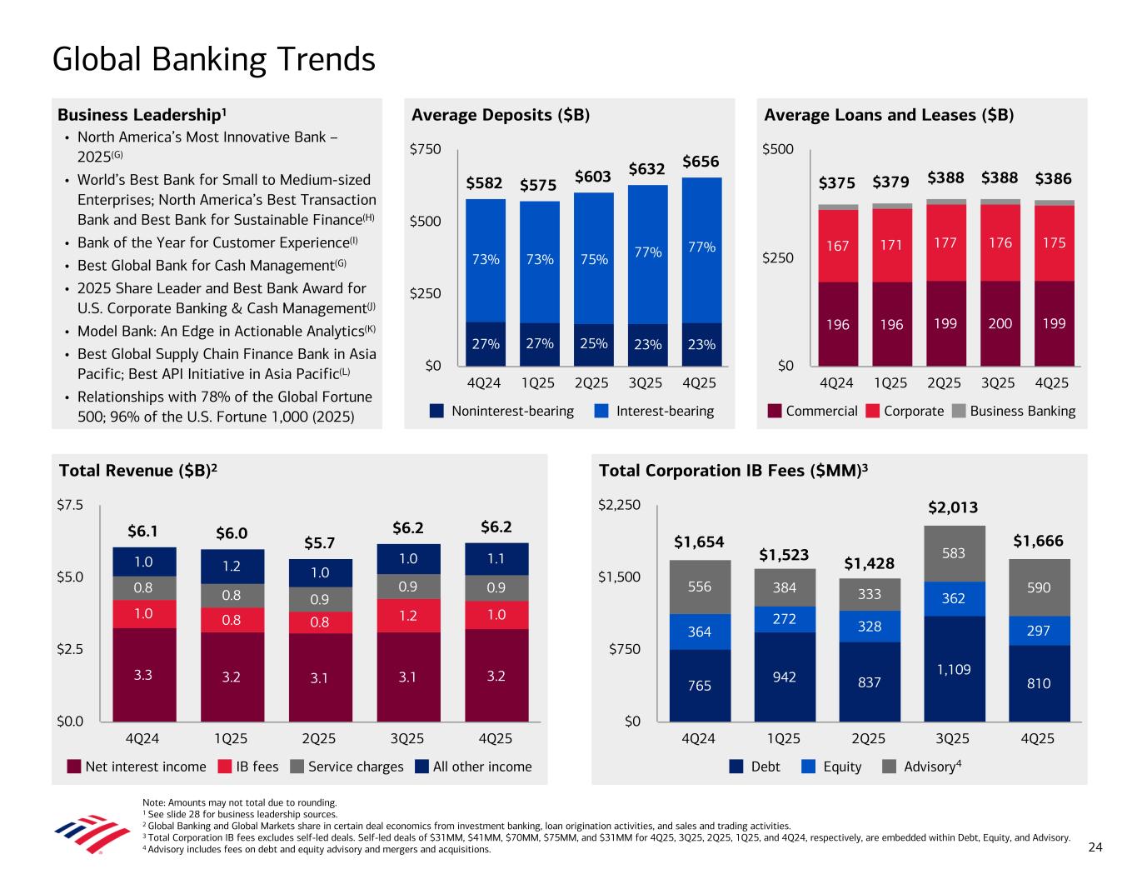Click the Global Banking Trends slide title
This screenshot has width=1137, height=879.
[x=213, y=59]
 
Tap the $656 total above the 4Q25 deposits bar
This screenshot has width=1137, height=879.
[x=701, y=161]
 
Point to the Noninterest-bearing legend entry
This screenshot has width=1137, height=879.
[x=501, y=411]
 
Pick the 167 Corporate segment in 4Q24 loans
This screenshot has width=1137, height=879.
[x=838, y=246]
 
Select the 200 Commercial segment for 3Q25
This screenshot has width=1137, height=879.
[x=1000, y=323]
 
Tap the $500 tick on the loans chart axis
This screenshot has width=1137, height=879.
[x=778, y=150]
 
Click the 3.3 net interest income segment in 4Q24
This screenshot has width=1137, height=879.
[x=143, y=675]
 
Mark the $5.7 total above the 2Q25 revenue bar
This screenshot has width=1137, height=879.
[x=319, y=543]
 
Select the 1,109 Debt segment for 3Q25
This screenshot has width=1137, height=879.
[x=954, y=669]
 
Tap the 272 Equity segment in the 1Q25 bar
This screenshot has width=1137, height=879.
[x=785, y=619]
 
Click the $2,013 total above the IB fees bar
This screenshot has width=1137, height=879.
[x=953, y=507]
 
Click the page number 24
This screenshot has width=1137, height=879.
[x=1095, y=847]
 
